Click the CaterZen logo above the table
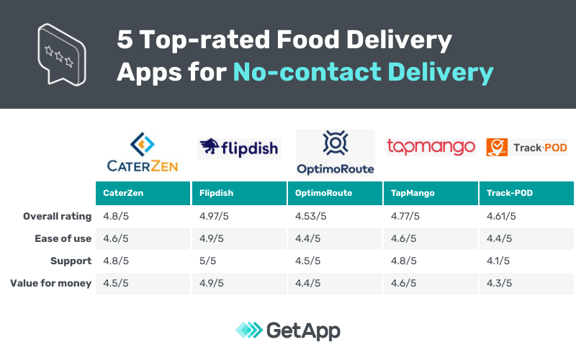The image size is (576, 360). [x=142, y=153]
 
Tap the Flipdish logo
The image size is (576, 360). [x=238, y=148]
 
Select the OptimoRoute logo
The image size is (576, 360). [x=335, y=153]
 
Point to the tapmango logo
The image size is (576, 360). [x=431, y=147]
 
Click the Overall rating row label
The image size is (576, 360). [x=58, y=216]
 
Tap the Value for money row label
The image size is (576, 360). [x=51, y=283]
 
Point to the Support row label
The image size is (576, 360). [x=70, y=261]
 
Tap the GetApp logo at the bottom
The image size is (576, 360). [x=288, y=330]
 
